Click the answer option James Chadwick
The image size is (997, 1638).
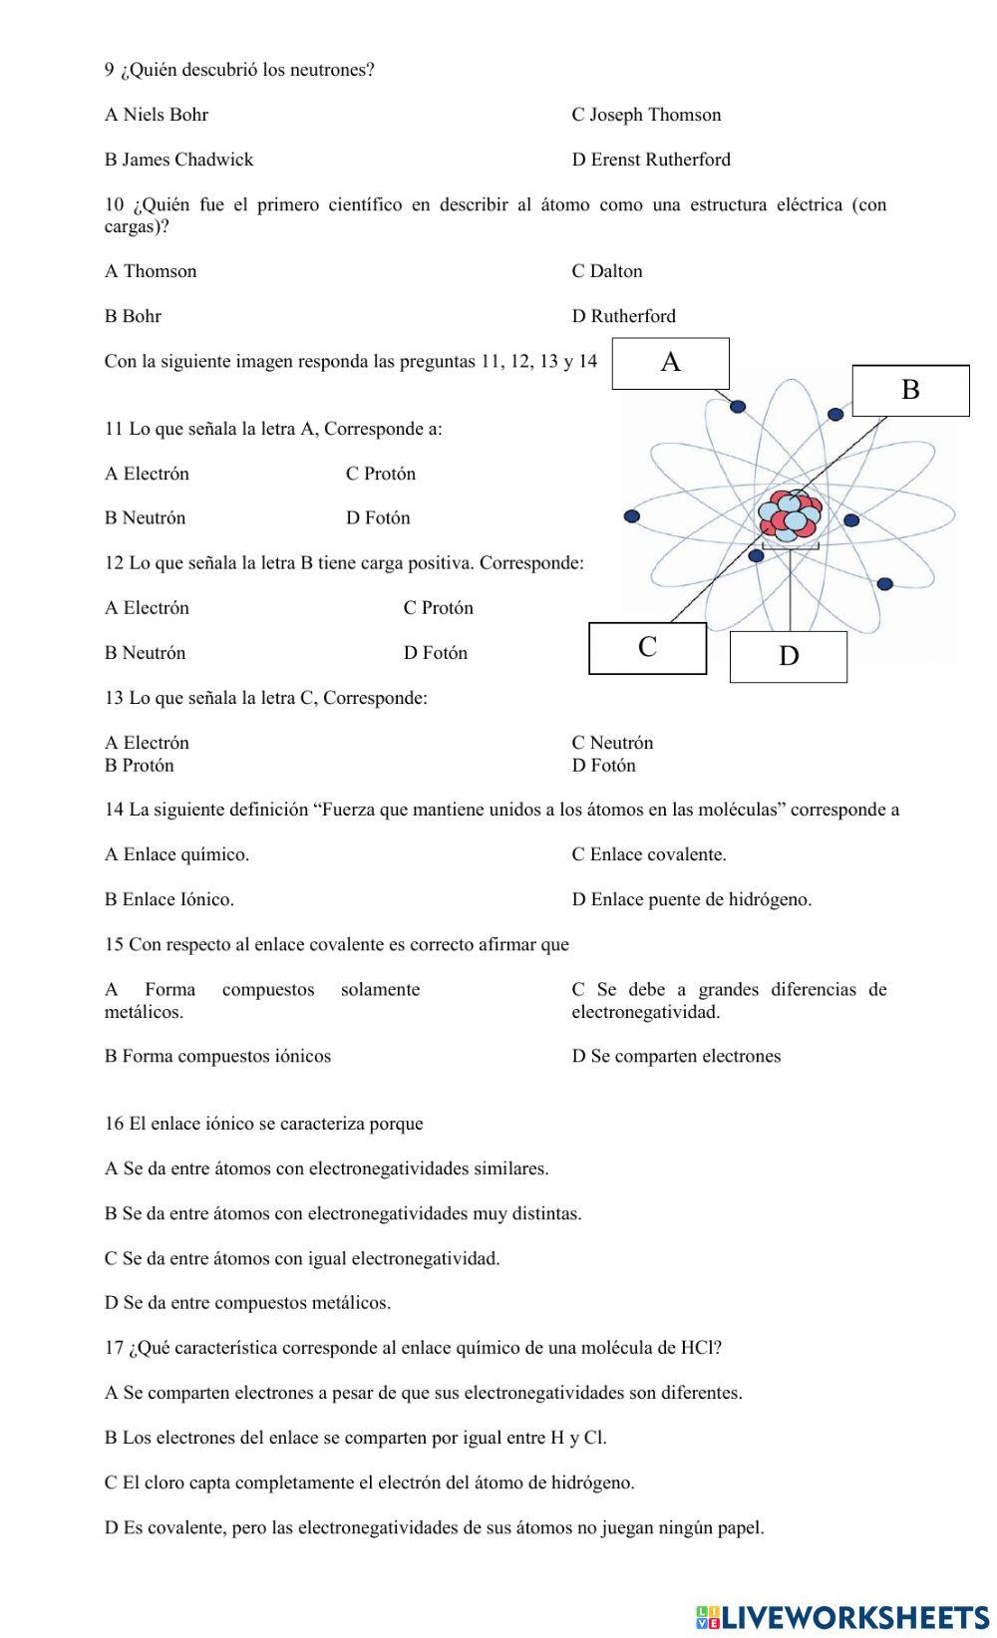pos(178,160)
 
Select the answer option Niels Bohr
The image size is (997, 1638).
pos(157,115)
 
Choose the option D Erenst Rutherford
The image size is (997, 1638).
pos(650,160)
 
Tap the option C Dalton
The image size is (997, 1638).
pos(606,271)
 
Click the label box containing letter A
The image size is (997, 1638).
pos(670,363)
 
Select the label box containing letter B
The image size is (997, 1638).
pos(909,390)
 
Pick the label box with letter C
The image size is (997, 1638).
pos(647,648)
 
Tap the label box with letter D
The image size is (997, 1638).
pos(788,656)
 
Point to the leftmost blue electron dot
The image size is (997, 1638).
pos(631,515)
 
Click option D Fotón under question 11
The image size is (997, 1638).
pos(378,518)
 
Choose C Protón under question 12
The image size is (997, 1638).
pos(438,608)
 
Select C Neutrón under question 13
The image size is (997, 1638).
pos(612,743)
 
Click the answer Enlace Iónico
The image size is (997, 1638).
pos(168,899)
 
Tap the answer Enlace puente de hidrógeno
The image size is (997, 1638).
pos(691,899)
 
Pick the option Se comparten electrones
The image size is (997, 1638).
pos(676,1056)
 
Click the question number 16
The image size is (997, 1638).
pos(114,1124)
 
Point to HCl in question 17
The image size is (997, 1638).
pos(698,1348)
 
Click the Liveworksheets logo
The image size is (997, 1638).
pos(842,1617)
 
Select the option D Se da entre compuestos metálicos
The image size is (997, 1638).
pos(247,1303)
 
